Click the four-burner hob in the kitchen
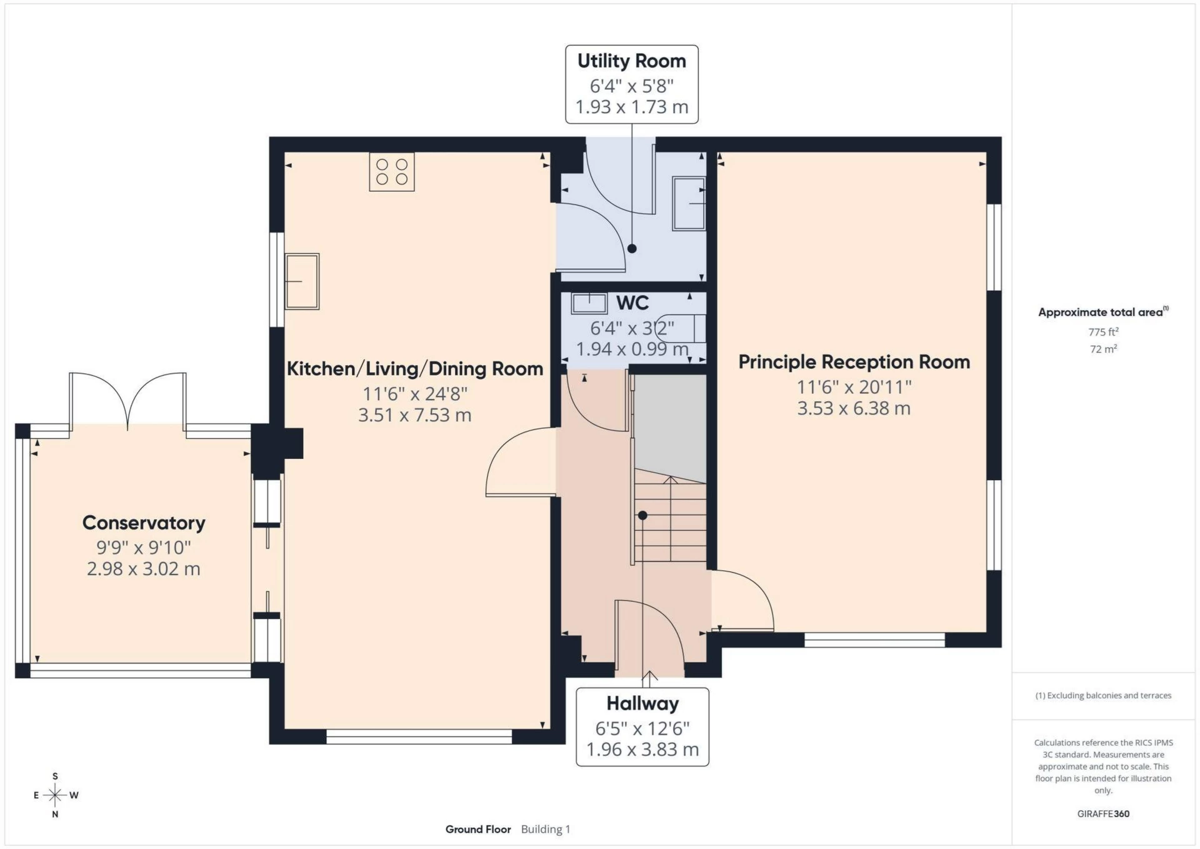tap(392, 172)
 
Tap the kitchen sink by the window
tap(302, 281)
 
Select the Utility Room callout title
tap(631, 61)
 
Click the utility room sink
tap(689, 204)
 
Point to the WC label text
tap(632, 303)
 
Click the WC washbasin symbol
tap(589, 304)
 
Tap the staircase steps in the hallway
tap(670, 522)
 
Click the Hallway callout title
tap(642, 703)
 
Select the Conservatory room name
tap(144, 523)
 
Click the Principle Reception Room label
tap(854, 362)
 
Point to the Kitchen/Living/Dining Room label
tap(415, 369)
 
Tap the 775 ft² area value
tap(1103, 332)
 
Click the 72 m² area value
tap(1103, 349)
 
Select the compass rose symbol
tap(55, 795)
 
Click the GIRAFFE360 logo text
tap(1103, 813)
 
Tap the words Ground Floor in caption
tap(478, 829)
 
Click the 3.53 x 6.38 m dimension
tap(854, 409)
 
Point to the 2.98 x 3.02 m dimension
tap(144, 569)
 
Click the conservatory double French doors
tap(127, 400)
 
